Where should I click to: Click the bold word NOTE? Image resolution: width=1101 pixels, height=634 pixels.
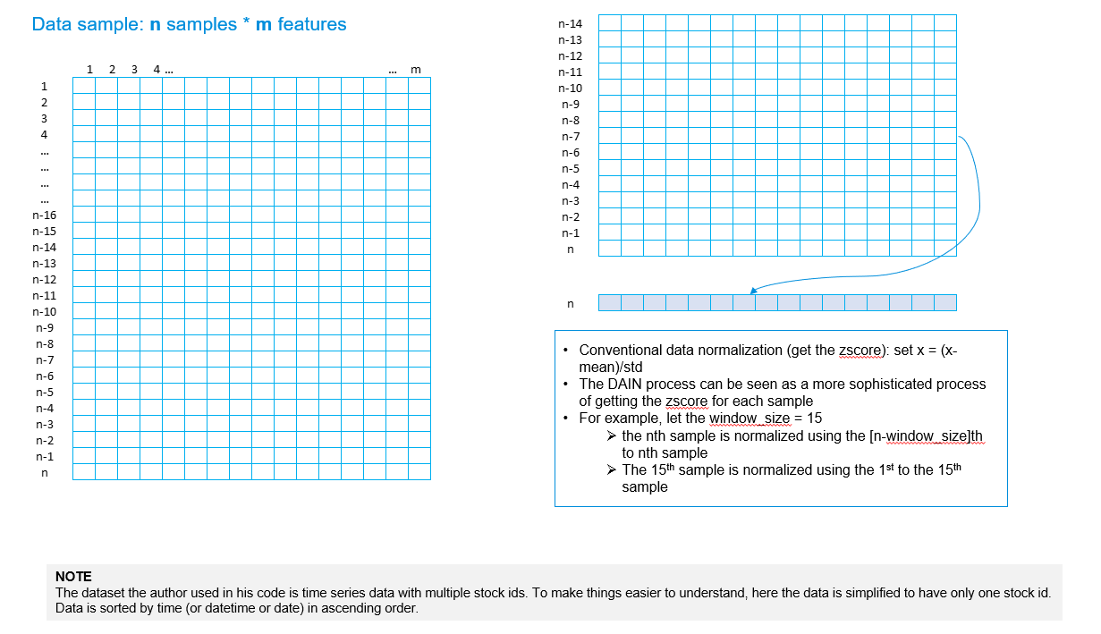(73, 577)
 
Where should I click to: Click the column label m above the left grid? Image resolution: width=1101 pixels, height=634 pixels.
(415, 70)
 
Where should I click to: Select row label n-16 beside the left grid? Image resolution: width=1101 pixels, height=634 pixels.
(44, 216)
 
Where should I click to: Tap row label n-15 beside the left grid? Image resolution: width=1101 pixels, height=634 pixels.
(44, 232)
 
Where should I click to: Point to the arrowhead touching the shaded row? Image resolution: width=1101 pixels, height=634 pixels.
(754, 291)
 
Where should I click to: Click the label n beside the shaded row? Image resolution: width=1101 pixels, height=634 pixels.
(571, 304)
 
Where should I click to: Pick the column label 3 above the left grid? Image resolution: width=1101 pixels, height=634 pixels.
(134, 69)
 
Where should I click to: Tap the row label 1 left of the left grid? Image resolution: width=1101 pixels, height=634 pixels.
(44, 87)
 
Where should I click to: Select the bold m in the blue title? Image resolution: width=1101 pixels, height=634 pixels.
(263, 24)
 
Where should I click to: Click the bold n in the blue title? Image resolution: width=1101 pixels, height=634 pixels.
(156, 24)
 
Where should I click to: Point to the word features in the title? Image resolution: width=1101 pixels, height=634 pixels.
(312, 24)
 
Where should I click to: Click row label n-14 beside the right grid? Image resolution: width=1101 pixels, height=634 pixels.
(570, 23)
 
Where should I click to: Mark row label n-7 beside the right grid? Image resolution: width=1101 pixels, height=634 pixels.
(571, 137)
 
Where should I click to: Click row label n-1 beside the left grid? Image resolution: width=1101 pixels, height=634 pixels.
(44, 457)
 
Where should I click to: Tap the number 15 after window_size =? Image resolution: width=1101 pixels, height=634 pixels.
(814, 418)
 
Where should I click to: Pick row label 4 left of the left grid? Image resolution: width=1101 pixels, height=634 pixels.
(44, 135)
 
